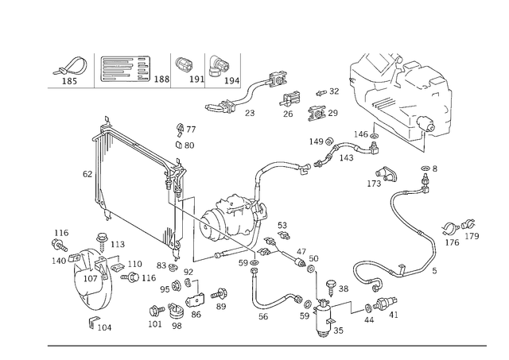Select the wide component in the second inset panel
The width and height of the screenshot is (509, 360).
123,72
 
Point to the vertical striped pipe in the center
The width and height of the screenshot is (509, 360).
189,238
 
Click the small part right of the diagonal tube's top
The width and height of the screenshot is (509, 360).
185,135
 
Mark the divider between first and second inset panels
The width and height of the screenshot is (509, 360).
93,70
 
